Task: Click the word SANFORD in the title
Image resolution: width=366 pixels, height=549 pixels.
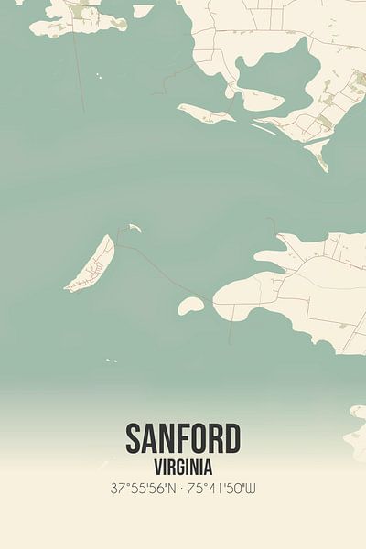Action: pyautogui.click(x=183, y=437)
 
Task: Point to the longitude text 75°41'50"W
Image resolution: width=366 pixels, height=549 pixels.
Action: pyautogui.click(x=223, y=488)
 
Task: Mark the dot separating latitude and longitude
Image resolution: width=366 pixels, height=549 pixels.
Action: pyautogui.click(x=183, y=488)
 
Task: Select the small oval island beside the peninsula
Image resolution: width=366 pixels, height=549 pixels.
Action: pyautogui.click(x=190, y=305)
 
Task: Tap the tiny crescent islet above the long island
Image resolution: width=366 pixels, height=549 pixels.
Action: pyautogui.click(x=134, y=227)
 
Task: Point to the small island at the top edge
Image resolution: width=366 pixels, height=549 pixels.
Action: pyautogui.click(x=143, y=11)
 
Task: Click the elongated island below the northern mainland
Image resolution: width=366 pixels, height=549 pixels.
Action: pyautogui.click(x=207, y=114)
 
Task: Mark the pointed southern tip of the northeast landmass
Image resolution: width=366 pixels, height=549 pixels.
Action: pyautogui.click(x=322, y=165)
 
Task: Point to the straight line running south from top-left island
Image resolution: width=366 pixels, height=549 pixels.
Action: pyautogui.click(x=80, y=73)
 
